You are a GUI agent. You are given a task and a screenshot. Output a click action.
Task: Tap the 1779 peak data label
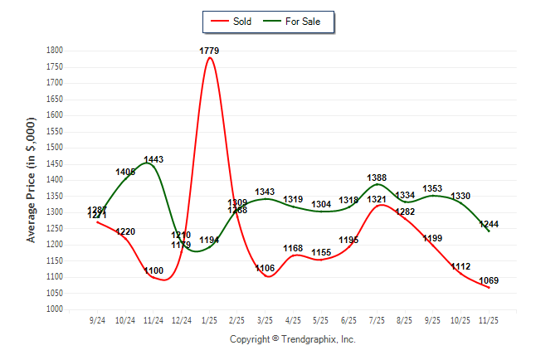[209, 51]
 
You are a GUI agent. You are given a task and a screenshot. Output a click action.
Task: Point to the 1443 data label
[153, 159]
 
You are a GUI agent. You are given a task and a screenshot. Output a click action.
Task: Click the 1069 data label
[489, 280]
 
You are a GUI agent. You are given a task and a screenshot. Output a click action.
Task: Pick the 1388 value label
[377, 178]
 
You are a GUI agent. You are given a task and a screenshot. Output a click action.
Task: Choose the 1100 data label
[153, 271]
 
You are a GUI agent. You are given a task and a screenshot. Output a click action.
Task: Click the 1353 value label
[432, 189]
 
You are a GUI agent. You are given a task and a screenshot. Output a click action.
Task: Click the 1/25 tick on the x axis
[209, 319]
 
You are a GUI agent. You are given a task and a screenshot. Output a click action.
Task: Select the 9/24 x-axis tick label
[98, 319]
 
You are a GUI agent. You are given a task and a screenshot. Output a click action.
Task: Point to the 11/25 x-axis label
[489, 319]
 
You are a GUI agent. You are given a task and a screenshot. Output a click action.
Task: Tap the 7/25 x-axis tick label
[377, 319]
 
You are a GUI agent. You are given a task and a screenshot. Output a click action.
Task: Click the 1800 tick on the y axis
[55, 51]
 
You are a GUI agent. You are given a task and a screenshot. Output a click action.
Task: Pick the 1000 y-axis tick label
[55, 309]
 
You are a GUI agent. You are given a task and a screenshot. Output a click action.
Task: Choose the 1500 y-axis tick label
[55, 148]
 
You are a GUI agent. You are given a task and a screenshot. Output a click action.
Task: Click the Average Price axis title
[32, 180]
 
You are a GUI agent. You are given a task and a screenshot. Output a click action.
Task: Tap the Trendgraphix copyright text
[292, 339]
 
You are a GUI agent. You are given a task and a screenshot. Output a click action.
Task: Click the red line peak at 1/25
[209, 58]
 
